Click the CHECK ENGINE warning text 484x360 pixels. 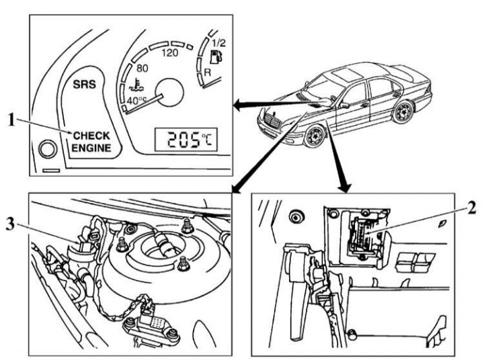point(92,141)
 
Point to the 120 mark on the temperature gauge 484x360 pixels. point(169,53)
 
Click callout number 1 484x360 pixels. point(11,120)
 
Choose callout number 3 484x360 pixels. point(12,226)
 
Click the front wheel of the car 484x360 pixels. point(313,138)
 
